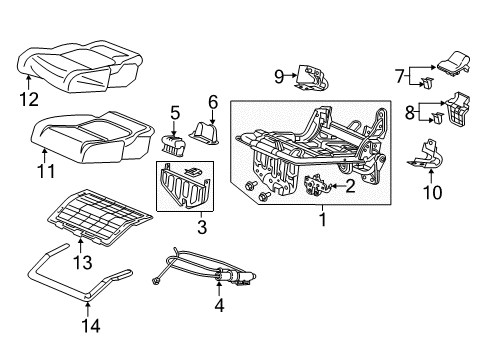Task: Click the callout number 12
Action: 29,99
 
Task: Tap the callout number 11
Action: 46,172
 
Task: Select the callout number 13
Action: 82,263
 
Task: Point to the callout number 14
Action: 91,326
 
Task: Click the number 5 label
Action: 175,113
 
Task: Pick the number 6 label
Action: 213,102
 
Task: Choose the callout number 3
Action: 202,227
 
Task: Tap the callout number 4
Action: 219,305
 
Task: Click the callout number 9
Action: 279,77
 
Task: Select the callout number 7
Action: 400,76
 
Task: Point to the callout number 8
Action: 410,112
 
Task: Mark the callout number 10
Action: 432,192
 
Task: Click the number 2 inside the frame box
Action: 350,186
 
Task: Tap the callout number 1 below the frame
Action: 322,220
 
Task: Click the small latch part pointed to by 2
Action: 316,185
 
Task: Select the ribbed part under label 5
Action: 173,145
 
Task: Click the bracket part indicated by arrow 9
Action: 312,78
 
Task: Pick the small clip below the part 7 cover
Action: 427,83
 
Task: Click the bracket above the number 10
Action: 425,155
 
